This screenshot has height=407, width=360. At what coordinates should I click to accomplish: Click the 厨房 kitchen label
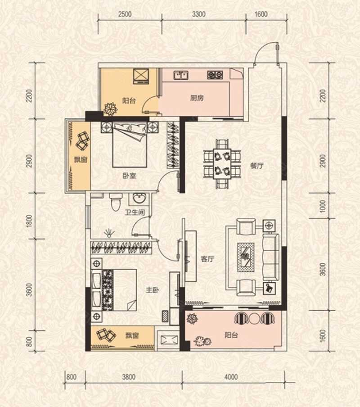(x=197, y=98)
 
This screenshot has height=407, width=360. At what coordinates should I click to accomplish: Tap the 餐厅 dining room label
(x=257, y=166)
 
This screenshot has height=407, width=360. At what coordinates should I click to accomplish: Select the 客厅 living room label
(x=207, y=259)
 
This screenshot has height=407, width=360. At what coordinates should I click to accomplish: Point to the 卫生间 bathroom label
(x=135, y=213)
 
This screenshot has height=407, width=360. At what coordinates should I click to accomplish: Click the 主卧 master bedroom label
(x=152, y=290)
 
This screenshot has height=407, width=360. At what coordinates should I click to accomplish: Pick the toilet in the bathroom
(x=115, y=202)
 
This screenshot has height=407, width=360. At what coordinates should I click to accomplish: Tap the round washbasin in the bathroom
(x=139, y=199)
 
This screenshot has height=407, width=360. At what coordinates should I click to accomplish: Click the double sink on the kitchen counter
(x=181, y=75)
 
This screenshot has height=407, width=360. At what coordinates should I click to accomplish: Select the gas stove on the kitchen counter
(x=215, y=75)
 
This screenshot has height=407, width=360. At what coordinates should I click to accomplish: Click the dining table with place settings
(x=222, y=163)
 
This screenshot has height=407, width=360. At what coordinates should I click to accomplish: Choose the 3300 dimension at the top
(x=199, y=14)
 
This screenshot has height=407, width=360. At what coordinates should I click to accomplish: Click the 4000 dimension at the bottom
(x=231, y=377)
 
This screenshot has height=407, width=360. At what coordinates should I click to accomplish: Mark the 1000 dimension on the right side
(x=322, y=206)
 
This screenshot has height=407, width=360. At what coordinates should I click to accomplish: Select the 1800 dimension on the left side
(x=29, y=221)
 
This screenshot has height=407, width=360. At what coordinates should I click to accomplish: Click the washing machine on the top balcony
(x=141, y=76)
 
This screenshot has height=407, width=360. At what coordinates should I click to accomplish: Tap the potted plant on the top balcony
(x=111, y=109)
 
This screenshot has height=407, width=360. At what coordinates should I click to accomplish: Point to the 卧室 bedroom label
(x=129, y=176)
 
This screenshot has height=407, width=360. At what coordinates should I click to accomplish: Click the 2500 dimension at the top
(x=125, y=14)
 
